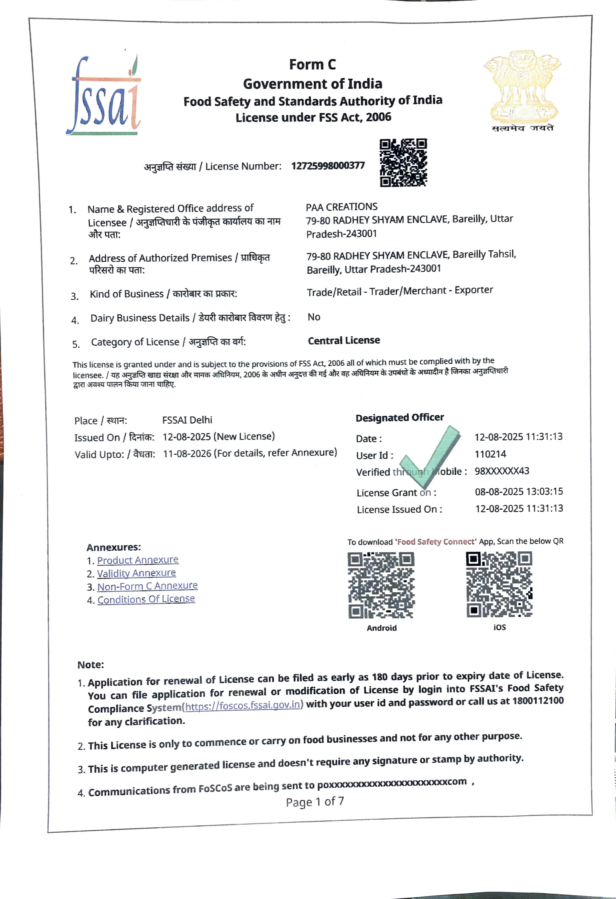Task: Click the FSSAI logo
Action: point(103,96)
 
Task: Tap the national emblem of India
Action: point(522,87)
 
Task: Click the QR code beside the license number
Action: point(403,163)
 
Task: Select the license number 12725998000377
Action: point(328,166)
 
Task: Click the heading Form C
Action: point(312,65)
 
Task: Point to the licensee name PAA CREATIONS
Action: point(342,207)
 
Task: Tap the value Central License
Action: point(344,340)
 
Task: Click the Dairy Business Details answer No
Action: point(314,317)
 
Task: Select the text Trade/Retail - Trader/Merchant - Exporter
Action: point(400,291)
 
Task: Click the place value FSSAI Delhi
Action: point(187,420)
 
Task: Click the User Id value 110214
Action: point(490,454)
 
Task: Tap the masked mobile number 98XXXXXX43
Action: point(502,471)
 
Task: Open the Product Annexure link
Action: point(138,560)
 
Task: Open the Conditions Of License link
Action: point(146,599)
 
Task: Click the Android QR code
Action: point(381,585)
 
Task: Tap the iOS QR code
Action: point(499,584)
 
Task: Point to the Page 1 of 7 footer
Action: point(315,802)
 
